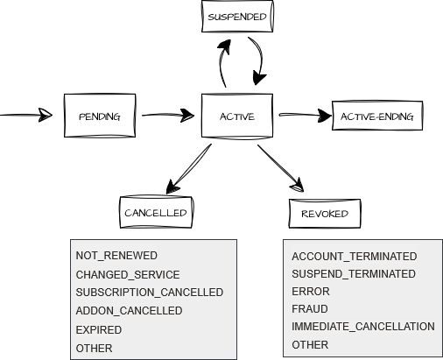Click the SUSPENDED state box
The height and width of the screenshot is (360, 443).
[x=237, y=17]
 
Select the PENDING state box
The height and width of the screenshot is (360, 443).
[x=100, y=116]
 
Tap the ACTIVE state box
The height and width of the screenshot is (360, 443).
[x=237, y=116]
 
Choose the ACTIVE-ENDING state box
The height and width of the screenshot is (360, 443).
[x=377, y=116]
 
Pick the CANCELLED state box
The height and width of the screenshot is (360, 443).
[x=156, y=212]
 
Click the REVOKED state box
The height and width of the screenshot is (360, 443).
[x=325, y=214]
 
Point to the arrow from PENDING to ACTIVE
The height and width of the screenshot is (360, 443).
[x=168, y=115]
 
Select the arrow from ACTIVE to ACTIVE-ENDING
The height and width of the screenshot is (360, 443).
[x=305, y=115]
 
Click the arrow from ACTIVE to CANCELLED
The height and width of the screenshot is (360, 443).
[x=188, y=169]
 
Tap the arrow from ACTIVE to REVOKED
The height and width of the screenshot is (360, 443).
[x=280, y=168]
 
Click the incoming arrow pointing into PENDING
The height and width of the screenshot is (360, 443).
[x=26, y=115]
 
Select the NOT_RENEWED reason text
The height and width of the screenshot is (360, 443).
[x=116, y=256]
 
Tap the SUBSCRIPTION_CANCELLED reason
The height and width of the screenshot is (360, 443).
[x=150, y=293]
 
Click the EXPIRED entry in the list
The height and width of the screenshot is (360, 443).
[x=99, y=330]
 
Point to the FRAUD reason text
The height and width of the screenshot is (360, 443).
[x=310, y=309]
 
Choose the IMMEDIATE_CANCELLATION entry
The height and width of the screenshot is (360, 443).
[x=363, y=327]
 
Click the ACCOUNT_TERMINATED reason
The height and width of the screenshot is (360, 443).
[x=355, y=257]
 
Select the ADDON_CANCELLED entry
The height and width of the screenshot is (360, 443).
[x=129, y=311]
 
